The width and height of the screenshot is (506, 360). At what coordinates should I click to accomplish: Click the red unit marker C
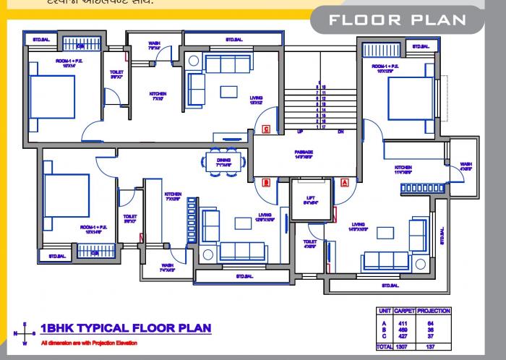(266, 130)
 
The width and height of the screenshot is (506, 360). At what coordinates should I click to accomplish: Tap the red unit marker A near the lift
(345, 182)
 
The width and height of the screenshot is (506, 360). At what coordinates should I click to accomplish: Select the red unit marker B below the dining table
(266, 182)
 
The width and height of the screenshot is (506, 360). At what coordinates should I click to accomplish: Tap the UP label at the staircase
(299, 132)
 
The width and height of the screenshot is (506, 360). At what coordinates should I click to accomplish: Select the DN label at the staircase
(340, 132)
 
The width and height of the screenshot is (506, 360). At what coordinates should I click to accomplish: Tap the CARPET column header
(403, 311)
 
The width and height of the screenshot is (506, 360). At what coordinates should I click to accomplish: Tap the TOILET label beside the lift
(309, 244)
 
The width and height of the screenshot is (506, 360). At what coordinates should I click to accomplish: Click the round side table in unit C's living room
(194, 63)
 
